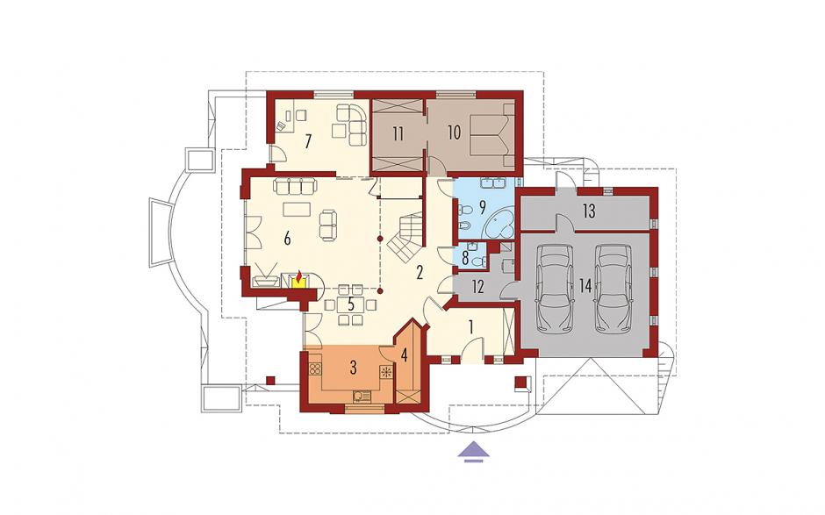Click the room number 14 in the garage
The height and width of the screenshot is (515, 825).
(585, 286)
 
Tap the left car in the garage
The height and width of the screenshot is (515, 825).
(554, 289)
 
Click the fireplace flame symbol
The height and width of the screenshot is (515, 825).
(299, 277)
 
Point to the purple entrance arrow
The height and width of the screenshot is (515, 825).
(475, 451)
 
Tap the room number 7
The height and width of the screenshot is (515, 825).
(308, 141)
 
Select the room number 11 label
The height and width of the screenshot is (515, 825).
(398, 133)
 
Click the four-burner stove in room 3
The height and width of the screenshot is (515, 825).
(314, 369)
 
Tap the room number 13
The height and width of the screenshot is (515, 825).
(589, 211)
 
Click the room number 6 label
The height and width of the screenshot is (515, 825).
(287, 239)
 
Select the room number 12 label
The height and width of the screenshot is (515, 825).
(477, 287)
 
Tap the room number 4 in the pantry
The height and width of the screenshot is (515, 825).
(404, 355)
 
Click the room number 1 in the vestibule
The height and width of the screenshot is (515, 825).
(471, 327)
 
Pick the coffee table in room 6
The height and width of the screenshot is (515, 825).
(297, 210)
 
